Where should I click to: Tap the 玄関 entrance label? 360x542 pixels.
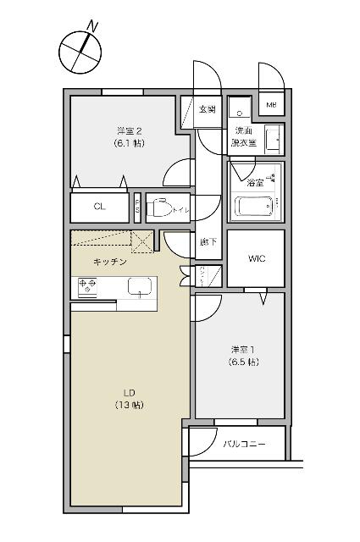click(208, 109)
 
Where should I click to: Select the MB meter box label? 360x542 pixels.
click(272, 105)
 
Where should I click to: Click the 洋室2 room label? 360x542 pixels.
click(129, 130)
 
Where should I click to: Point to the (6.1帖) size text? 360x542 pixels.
click(129, 143)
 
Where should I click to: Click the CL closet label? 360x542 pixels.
click(99, 206)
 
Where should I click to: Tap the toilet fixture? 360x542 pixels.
click(161, 206)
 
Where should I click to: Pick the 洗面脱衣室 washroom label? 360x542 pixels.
click(244, 136)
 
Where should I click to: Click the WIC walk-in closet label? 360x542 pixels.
click(256, 258)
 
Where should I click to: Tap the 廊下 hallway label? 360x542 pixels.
click(208, 242)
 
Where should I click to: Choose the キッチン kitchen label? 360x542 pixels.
click(111, 262)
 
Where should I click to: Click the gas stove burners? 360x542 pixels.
click(88, 286)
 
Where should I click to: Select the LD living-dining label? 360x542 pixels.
click(130, 392)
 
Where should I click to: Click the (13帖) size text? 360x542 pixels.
click(130, 405)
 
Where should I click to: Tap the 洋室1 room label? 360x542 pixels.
click(242, 350)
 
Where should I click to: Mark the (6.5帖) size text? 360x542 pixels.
click(242, 362)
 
